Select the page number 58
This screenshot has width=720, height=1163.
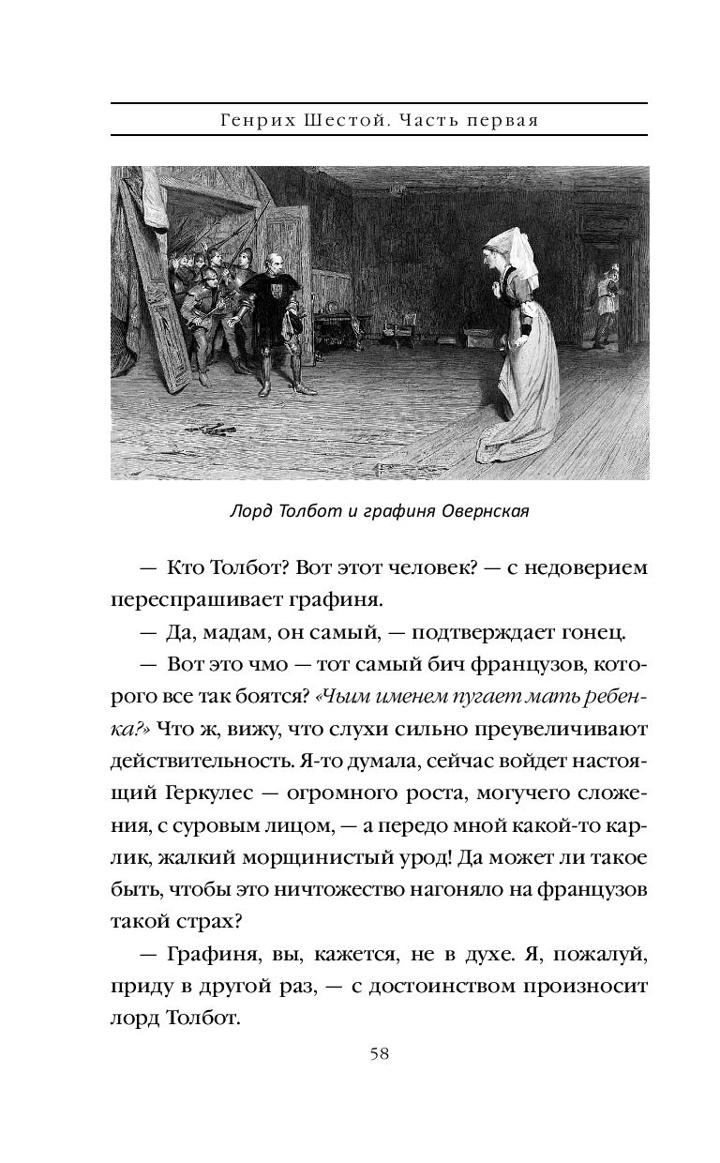point(380,1053)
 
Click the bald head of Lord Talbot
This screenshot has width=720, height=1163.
point(273,258)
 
